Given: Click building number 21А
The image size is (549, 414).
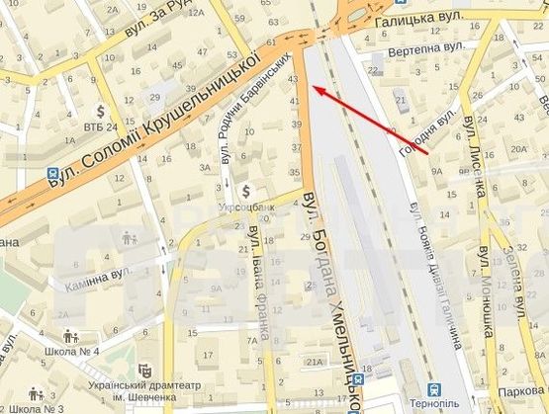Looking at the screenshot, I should click(x=315, y=363).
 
